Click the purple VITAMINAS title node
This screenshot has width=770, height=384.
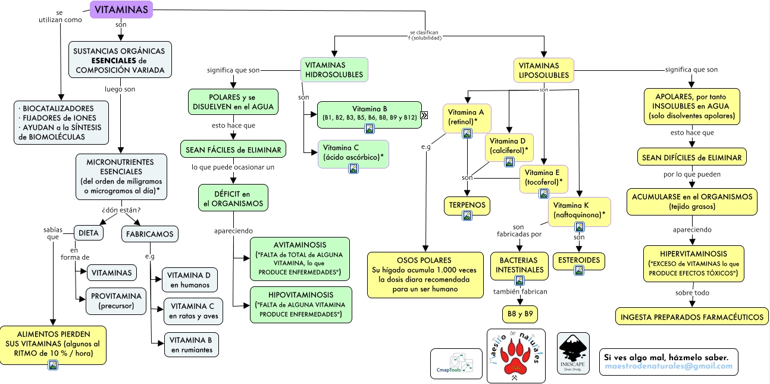pyautogui.click(x=122, y=10)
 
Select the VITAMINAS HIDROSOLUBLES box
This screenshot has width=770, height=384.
pyautogui.click(x=334, y=70)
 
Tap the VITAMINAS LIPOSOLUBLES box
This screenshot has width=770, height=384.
pyautogui.click(x=543, y=70)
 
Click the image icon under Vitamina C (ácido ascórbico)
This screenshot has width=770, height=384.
pyautogui.click(x=353, y=168)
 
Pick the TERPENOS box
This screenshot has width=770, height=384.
pyautogui.click(x=467, y=205)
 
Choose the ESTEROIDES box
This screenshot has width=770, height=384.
pyautogui.click(x=579, y=260)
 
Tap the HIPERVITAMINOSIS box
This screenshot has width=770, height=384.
pyautogui.click(x=693, y=263)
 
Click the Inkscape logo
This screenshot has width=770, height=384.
pyautogui.click(x=574, y=354)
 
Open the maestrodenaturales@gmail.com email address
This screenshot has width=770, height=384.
pyautogui.click(x=668, y=366)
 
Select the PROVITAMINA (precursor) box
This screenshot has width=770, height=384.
pyautogui.click(x=117, y=301)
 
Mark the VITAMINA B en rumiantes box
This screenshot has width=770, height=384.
pyautogui.click(x=191, y=345)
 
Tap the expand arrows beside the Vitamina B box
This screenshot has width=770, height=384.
pyautogui.click(x=424, y=115)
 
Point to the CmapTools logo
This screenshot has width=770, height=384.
pyautogui.click(x=456, y=363)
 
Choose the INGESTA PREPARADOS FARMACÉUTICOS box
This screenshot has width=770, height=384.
pyautogui.click(x=692, y=317)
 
